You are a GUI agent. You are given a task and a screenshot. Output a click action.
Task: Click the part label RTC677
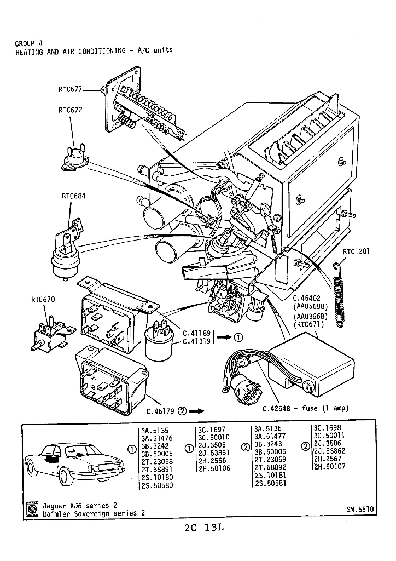tap(70, 89)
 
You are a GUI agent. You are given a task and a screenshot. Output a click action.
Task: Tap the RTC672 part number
tap(71, 110)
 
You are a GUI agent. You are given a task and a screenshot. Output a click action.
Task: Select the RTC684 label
tap(73, 196)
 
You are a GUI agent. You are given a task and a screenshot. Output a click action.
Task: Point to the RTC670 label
tap(43, 299)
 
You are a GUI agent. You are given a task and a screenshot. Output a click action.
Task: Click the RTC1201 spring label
tap(356, 251)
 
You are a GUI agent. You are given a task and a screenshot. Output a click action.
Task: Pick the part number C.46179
tap(160, 411)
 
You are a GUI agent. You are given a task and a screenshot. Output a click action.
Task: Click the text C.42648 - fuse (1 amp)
tap(305, 408)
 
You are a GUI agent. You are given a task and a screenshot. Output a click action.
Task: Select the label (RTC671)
tap(308, 324)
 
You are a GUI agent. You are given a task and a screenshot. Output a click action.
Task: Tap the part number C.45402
tap(306, 298)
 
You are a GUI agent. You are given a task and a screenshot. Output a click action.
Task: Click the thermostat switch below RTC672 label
tap(74, 158)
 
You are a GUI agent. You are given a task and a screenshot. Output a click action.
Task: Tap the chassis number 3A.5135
tap(155, 431)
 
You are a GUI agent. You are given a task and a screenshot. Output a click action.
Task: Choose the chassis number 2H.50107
tap(329, 466)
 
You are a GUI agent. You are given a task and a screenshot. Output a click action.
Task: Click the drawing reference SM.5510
tap(359, 509)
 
